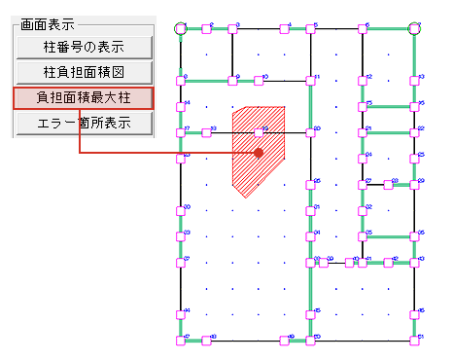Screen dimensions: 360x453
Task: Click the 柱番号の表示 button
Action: coord(84,48)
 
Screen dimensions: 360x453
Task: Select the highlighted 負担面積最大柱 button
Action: coord(84,98)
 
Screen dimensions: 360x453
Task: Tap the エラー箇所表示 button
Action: coord(84,124)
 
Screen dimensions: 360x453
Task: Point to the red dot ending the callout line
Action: coord(259,153)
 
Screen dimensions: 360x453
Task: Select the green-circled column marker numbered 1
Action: coord(180,29)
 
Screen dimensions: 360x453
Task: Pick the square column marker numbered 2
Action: coord(207,29)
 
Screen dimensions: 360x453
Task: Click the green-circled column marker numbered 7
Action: coord(415,29)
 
